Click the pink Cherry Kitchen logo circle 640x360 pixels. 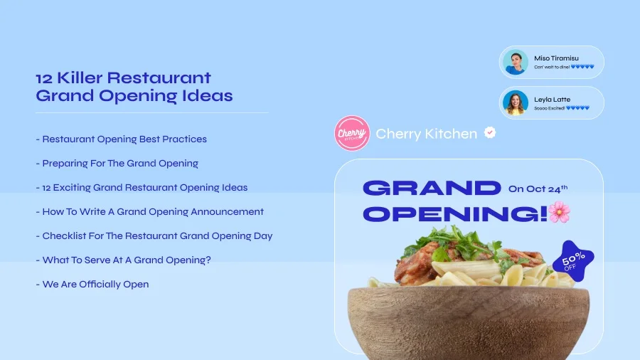click(x=352, y=133)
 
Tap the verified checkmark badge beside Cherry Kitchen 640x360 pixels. click(x=490, y=132)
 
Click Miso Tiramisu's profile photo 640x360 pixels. click(x=516, y=62)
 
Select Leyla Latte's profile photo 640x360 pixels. click(x=516, y=103)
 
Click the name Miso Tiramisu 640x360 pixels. click(x=556, y=58)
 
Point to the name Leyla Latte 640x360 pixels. click(x=552, y=99)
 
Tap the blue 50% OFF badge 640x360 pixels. click(x=573, y=261)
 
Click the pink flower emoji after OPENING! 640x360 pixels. click(x=559, y=212)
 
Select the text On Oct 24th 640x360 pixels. click(x=538, y=189)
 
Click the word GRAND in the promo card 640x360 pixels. click(x=432, y=188)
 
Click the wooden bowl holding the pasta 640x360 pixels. click(x=469, y=322)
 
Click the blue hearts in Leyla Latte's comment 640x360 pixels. click(x=578, y=107)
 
